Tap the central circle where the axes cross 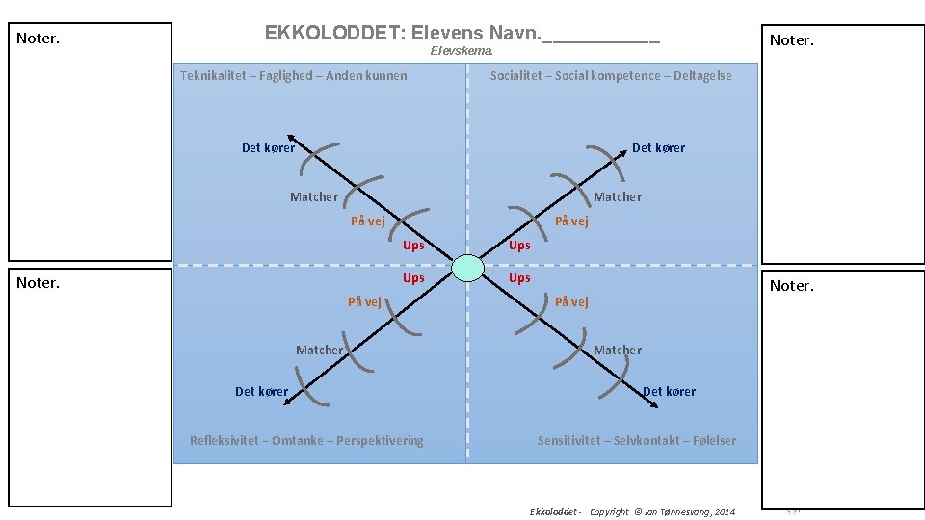[x=467, y=268]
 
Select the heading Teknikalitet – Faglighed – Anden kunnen [x=293, y=75]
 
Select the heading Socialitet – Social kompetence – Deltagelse [x=610, y=75]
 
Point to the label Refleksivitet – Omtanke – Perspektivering [x=306, y=440]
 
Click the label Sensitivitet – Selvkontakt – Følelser [x=636, y=440]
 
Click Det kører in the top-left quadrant [x=268, y=147]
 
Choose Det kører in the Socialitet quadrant [x=658, y=147]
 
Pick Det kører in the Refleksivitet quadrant [x=261, y=391]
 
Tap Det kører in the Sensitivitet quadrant [x=669, y=391]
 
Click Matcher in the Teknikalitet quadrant [x=314, y=196]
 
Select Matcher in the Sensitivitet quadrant [x=618, y=350]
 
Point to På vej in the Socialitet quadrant [x=571, y=221]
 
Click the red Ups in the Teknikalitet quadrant [x=413, y=245]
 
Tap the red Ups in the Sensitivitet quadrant [x=519, y=277]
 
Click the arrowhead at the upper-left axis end [x=289, y=136]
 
